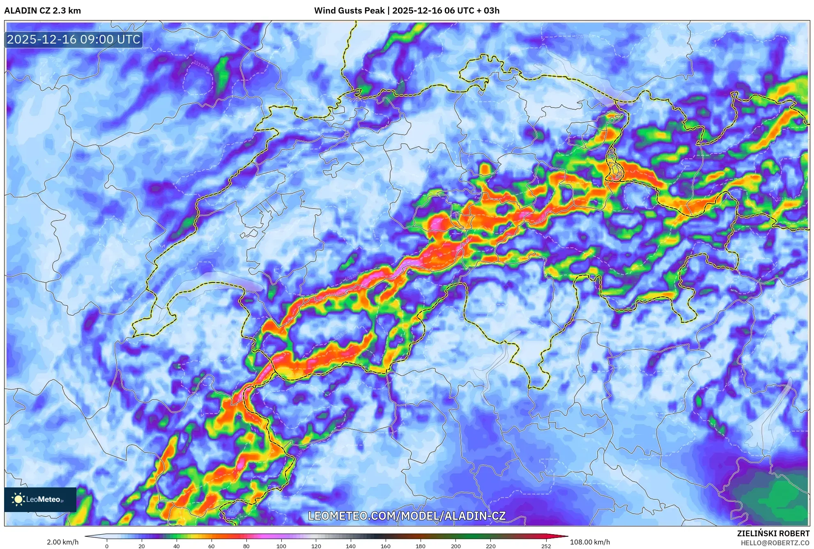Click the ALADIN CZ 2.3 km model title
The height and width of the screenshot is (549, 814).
pos(42,11)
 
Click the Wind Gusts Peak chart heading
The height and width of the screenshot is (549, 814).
pos(407,11)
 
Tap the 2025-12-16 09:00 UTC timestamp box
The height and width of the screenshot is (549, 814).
pos(74,39)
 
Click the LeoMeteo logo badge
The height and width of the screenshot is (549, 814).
pos(40,499)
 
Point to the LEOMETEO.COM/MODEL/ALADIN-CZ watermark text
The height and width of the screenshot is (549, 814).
pos(407,516)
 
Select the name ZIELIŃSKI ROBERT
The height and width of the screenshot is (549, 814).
pos(773,533)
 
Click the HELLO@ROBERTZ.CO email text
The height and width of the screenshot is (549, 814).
pos(775,543)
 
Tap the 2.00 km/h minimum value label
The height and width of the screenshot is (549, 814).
pos(62,542)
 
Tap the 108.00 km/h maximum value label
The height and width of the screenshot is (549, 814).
pos(590,542)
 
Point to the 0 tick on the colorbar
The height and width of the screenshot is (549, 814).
pos(107,546)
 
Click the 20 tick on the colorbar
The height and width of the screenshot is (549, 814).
pos(142,546)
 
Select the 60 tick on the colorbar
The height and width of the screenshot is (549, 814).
pos(212,546)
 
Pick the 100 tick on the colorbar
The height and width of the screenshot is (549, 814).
pos(281,546)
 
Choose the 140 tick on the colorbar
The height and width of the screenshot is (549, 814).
pos(351,546)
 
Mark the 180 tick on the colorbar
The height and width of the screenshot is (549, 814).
pos(421,546)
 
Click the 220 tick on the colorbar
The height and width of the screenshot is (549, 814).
pos(490,546)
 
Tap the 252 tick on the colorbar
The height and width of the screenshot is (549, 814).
pos(546,546)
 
